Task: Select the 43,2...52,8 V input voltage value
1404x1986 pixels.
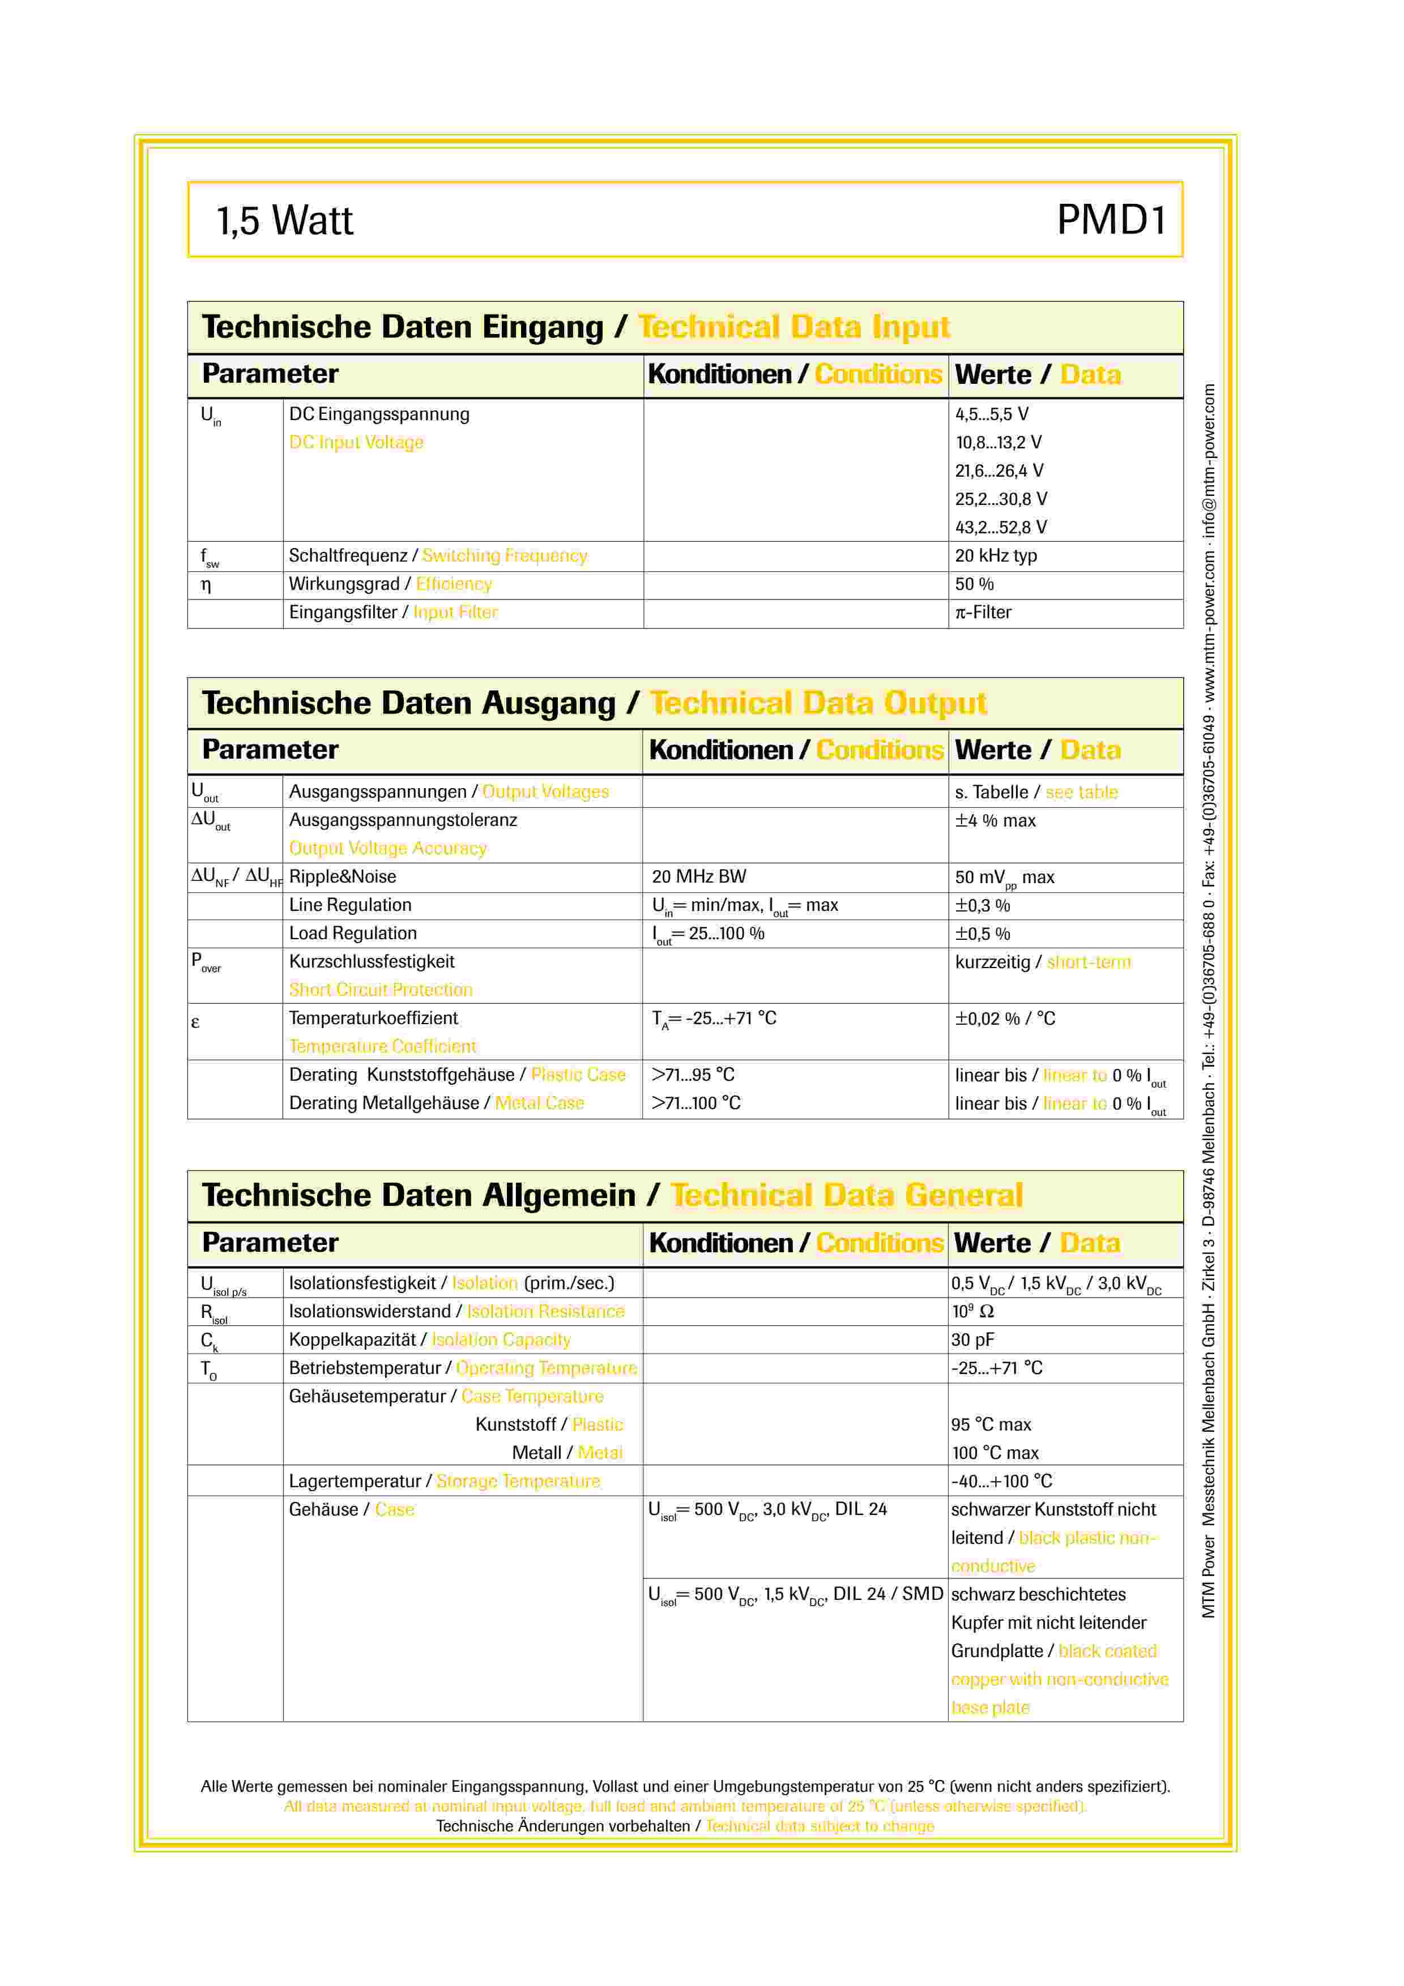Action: pyautogui.click(x=1001, y=527)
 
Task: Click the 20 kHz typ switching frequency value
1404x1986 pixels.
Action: pyautogui.click(x=996, y=555)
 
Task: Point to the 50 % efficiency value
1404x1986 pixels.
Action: pyautogui.click(x=974, y=584)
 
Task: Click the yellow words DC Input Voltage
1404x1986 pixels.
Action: pyautogui.click(x=356, y=442)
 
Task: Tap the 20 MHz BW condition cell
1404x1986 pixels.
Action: pyautogui.click(x=699, y=876)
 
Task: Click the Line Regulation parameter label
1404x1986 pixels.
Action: pyautogui.click(x=351, y=905)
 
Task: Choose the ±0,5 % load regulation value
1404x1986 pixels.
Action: pyautogui.click(x=983, y=934)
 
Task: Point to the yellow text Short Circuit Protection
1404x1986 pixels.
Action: pyautogui.click(x=381, y=990)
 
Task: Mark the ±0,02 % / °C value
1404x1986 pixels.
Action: pyautogui.click(x=1005, y=1018)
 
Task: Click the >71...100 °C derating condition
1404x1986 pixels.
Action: pyautogui.click(x=697, y=1103)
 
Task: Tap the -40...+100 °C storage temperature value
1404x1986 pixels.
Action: pyautogui.click(x=1002, y=1481)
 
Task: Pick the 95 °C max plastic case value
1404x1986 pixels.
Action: pyautogui.click(x=991, y=1424)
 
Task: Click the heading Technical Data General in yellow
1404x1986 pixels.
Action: pyautogui.click(x=846, y=1196)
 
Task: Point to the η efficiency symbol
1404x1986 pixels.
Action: pyautogui.click(x=206, y=585)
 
